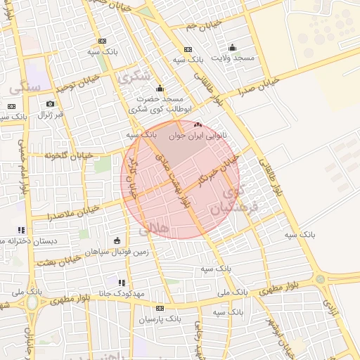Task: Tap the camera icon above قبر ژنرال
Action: pyautogui.click(x=50, y=104)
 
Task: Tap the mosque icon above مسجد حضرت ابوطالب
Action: pyautogui.click(x=160, y=89)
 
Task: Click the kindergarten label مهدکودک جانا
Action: pyautogui.click(x=121, y=292)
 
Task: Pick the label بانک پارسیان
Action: pyautogui.click(x=160, y=319)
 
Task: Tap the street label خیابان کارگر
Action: pyautogui.click(x=131, y=173)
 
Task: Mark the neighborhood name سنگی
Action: pyautogui.click(x=25, y=86)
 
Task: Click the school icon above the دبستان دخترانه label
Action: pyautogui.click(x=21, y=230)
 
